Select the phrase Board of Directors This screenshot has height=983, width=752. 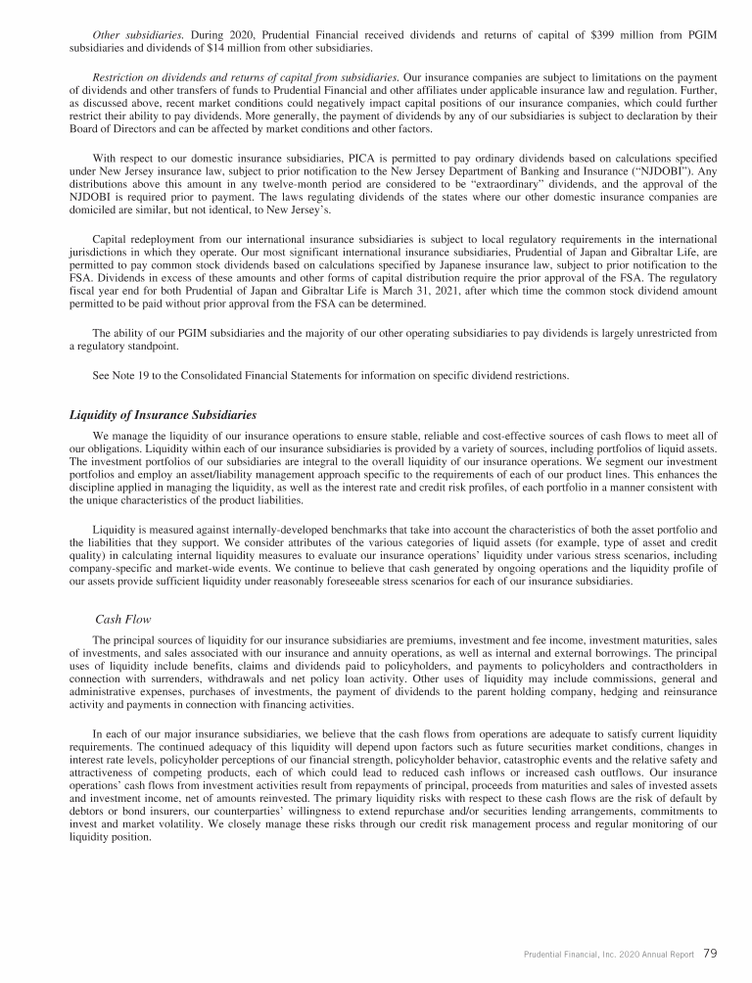113,125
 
